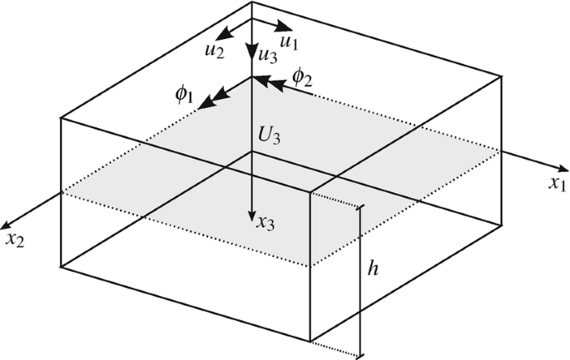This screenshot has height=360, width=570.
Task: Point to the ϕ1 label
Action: point(184,94)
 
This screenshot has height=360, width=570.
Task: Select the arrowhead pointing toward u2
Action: point(224,36)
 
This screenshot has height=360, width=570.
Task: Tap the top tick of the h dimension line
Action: point(359,207)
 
